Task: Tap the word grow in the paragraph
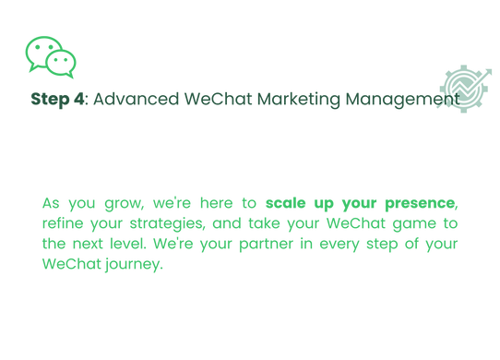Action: click(101, 202)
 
